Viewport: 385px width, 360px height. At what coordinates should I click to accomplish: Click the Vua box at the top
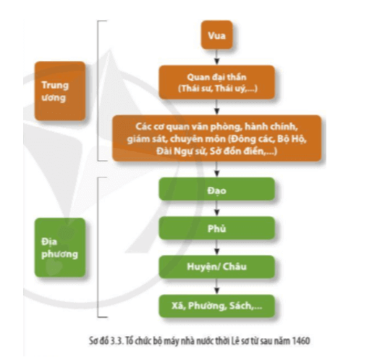217,35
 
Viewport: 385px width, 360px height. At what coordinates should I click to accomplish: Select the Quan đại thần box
217,83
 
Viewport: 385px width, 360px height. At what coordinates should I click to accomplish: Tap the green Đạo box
217,189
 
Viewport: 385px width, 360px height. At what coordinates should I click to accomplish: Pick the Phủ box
217,228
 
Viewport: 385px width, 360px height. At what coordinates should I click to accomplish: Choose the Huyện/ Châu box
217,267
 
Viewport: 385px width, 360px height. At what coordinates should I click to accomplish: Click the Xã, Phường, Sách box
217,306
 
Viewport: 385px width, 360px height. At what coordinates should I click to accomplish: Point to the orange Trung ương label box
60,91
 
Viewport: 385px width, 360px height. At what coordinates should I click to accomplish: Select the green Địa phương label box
60,248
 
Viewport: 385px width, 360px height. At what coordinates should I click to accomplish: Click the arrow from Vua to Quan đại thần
217,57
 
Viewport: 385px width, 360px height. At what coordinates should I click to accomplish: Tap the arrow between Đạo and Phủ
217,209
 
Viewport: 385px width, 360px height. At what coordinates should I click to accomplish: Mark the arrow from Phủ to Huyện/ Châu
217,248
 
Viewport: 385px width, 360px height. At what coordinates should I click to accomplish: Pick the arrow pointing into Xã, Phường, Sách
217,287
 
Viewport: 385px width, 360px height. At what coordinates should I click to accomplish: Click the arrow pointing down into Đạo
217,169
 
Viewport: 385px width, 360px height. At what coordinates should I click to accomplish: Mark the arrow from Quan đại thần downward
217,107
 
